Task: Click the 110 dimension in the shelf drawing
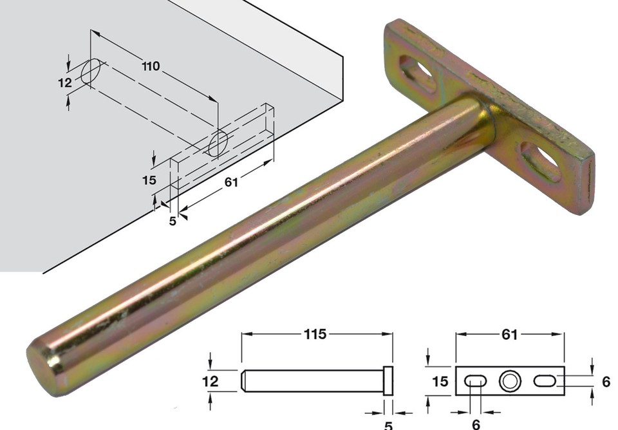point(151,66)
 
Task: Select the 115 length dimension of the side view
point(316,334)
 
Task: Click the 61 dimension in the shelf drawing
point(231,182)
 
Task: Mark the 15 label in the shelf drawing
point(149,180)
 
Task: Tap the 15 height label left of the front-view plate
point(440,381)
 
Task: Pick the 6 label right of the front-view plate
point(605,381)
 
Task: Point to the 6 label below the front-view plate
point(476,424)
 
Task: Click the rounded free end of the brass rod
point(45,367)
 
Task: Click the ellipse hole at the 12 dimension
point(91,71)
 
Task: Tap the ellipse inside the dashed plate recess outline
point(218,142)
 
